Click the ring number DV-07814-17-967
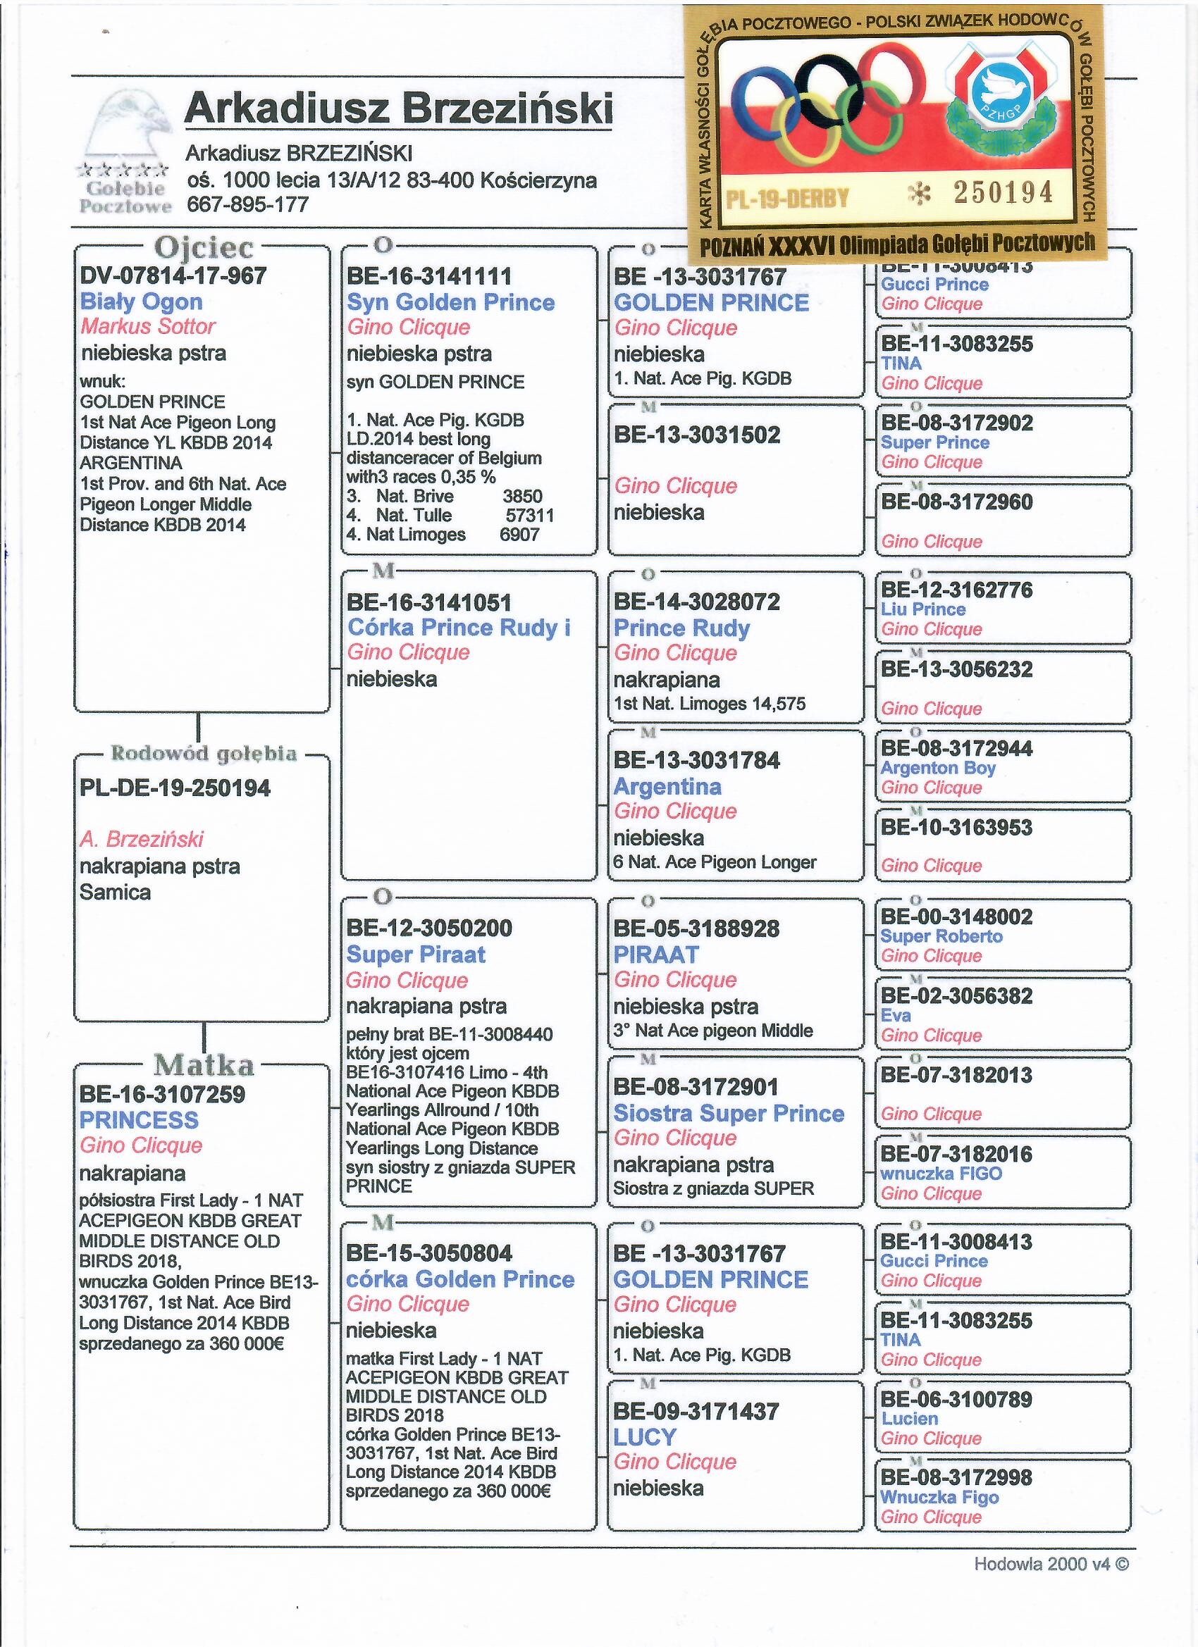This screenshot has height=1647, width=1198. click(x=173, y=276)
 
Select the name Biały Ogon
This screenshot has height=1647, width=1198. click(x=141, y=302)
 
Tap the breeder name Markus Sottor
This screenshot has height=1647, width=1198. click(x=147, y=326)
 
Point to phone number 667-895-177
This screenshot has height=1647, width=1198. click(x=248, y=205)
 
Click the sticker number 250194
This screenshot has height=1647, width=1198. click(x=1004, y=192)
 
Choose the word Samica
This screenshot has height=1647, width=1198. click(x=115, y=892)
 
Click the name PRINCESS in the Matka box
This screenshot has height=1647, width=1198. click(x=139, y=1120)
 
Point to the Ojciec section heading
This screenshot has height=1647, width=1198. click(x=204, y=249)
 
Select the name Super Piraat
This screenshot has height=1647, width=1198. click(x=416, y=955)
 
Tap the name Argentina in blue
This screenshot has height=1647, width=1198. click(x=667, y=786)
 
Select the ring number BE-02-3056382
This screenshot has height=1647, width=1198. click(x=956, y=995)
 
